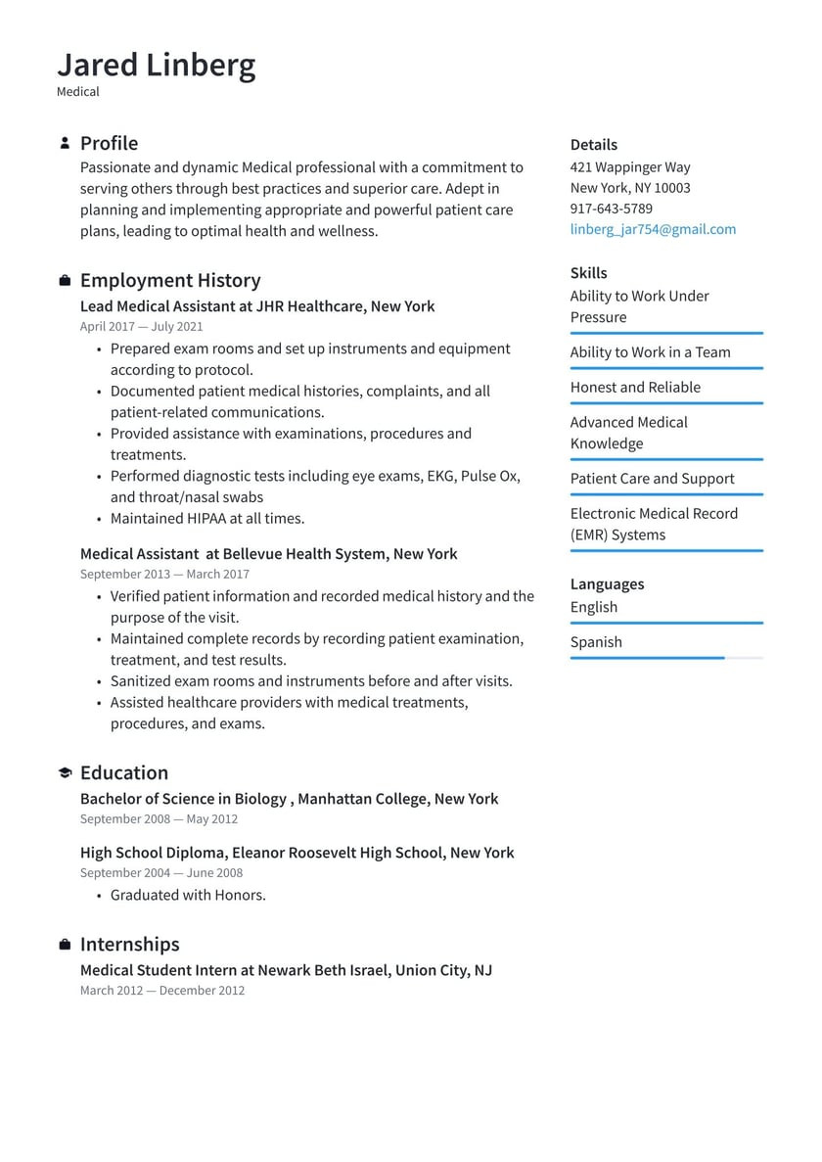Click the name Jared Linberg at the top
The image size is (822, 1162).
pyautogui.click(x=157, y=65)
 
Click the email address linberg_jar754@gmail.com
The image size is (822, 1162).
pyautogui.click(x=653, y=229)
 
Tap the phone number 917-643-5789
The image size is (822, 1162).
pyautogui.click(x=611, y=209)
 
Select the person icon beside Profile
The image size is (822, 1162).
pyautogui.click(x=65, y=143)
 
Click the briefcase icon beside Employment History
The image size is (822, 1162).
pyautogui.click(x=65, y=281)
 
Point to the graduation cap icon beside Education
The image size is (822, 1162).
pyautogui.click(x=65, y=773)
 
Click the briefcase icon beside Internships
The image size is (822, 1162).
pyautogui.click(x=65, y=945)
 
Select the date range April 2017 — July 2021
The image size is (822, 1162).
pyautogui.click(x=141, y=327)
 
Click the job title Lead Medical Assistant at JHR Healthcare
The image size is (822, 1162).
pyautogui.click(x=257, y=306)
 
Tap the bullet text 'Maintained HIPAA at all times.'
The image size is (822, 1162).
pyautogui.click(x=206, y=518)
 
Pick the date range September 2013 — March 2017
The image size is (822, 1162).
pyautogui.click(x=164, y=575)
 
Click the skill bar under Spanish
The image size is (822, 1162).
pyautogui.click(x=665, y=658)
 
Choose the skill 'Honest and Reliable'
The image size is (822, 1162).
pyautogui.click(x=635, y=387)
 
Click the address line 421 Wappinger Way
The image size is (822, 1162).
pyautogui.click(x=630, y=167)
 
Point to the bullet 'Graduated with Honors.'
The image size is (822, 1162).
pyautogui.click(x=188, y=895)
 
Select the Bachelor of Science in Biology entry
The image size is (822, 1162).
pyautogui.click(x=289, y=799)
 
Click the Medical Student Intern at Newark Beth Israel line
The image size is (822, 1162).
pyautogui.click(x=286, y=970)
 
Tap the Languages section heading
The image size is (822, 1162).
pyautogui.click(x=607, y=584)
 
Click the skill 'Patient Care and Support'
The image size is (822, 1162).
pyautogui.click(x=652, y=478)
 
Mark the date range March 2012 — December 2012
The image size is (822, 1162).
pyautogui.click(x=162, y=991)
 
